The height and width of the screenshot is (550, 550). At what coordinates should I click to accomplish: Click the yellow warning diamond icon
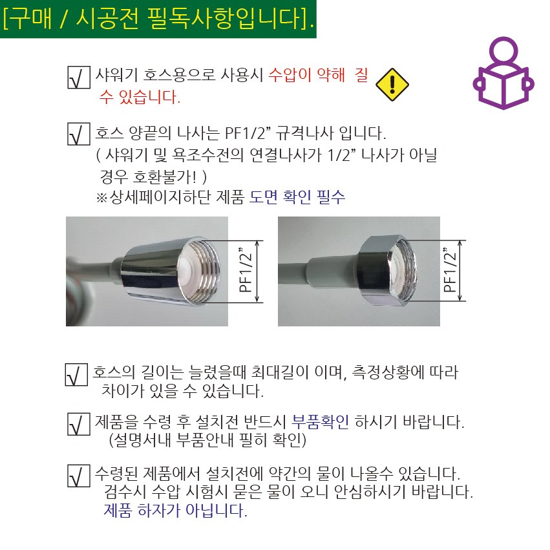coord(392,85)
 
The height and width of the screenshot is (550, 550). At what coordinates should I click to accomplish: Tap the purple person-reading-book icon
coord(503,73)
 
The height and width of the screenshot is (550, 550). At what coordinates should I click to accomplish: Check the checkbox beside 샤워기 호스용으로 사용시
coord(79,77)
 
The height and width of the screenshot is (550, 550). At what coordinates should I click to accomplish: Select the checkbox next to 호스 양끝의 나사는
coord(79,134)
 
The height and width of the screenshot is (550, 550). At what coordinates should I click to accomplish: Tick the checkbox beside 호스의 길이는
coord(76,375)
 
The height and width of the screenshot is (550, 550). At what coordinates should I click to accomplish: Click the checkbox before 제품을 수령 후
coord(79,424)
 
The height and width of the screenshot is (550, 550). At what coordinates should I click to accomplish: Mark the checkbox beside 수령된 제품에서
coord(79,476)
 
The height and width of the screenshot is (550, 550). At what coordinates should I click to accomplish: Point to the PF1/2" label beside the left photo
coord(246,270)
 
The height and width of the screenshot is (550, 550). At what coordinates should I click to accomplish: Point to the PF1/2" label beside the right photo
coord(450,270)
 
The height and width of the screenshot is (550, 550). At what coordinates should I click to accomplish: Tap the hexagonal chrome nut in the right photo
coord(376,271)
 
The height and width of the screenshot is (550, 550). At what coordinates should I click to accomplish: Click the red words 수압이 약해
coord(307,75)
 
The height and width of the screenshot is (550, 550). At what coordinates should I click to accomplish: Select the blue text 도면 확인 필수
coord(297,196)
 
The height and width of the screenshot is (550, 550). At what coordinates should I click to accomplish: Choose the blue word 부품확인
coord(321,421)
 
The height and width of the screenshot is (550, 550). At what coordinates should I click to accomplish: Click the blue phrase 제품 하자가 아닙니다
coord(175,511)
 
